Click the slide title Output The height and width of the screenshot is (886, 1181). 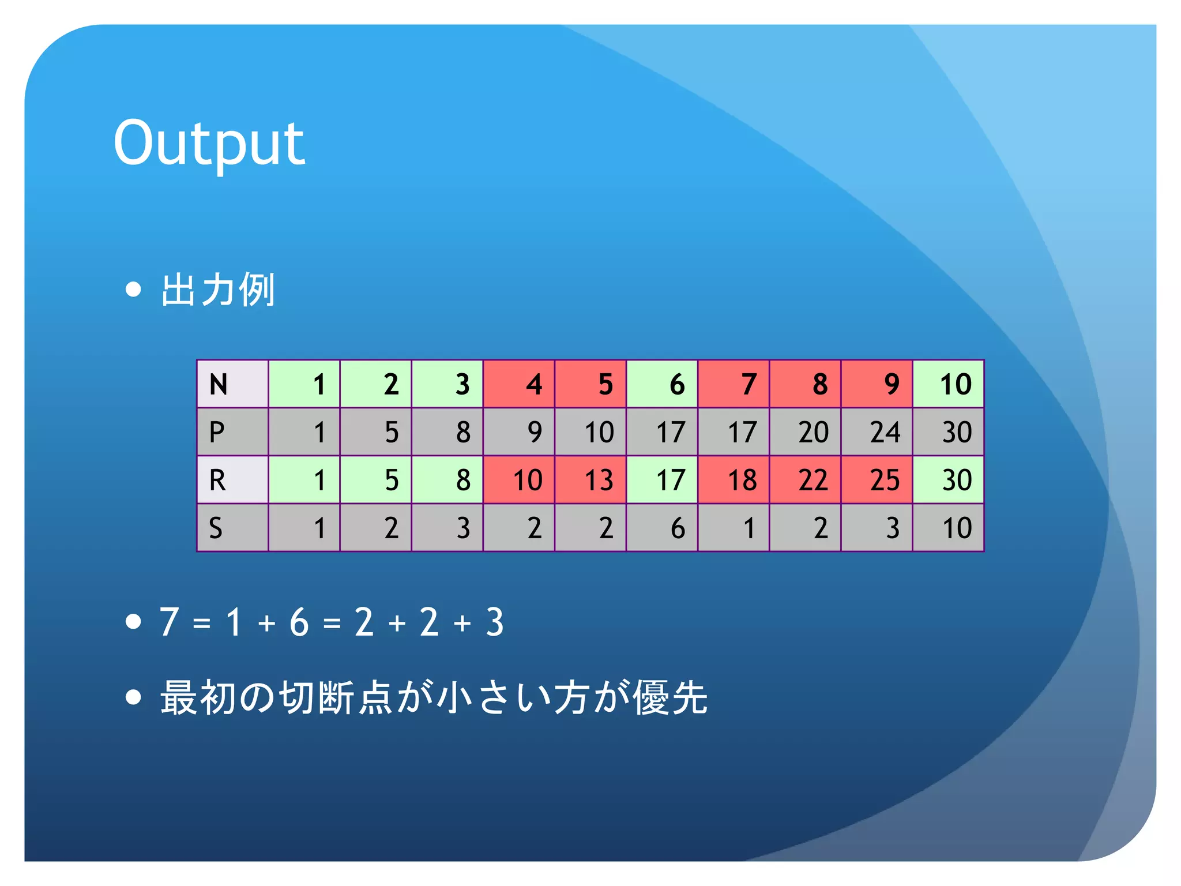click(x=209, y=143)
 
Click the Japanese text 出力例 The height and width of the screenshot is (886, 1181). click(x=217, y=290)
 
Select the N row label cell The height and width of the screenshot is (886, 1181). click(x=232, y=384)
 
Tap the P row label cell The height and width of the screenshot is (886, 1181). click(x=232, y=432)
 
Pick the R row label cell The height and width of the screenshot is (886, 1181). click(x=232, y=480)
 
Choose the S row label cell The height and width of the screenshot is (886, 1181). click(x=232, y=528)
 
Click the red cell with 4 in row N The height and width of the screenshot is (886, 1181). click(x=519, y=384)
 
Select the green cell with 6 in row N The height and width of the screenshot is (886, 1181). click(x=662, y=384)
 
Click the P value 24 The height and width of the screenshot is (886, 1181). click(x=877, y=432)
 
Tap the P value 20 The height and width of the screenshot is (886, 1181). click(x=806, y=432)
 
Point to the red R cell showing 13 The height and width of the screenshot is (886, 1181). click(x=590, y=480)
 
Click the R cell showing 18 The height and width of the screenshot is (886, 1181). click(x=734, y=480)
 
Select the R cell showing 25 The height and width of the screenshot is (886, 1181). click(x=877, y=480)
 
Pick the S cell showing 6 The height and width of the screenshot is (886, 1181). click(x=662, y=528)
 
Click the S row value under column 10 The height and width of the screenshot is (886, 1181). click(x=949, y=528)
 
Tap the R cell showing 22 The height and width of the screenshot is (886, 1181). click(x=806, y=480)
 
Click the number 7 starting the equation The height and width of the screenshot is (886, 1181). click(x=169, y=622)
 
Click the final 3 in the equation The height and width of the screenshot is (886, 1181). click(x=495, y=622)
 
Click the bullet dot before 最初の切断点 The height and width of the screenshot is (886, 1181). click(x=133, y=697)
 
